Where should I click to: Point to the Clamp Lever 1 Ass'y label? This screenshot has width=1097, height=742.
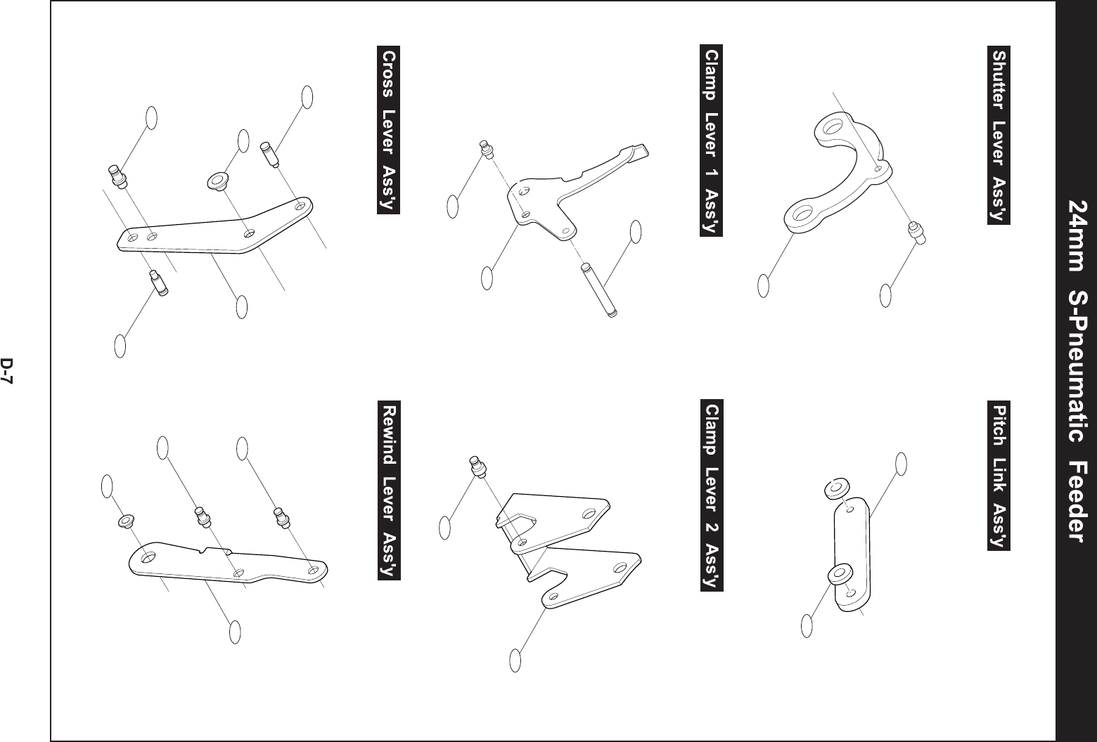tap(712, 141)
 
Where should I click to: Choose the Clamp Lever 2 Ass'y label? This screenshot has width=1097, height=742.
tap(712, 497)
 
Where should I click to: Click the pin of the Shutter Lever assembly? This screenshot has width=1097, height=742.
tap(917, 232)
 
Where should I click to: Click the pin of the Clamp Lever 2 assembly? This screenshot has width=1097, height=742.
tap(477, 467)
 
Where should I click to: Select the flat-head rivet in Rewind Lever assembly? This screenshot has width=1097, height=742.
tap(125, 521)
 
